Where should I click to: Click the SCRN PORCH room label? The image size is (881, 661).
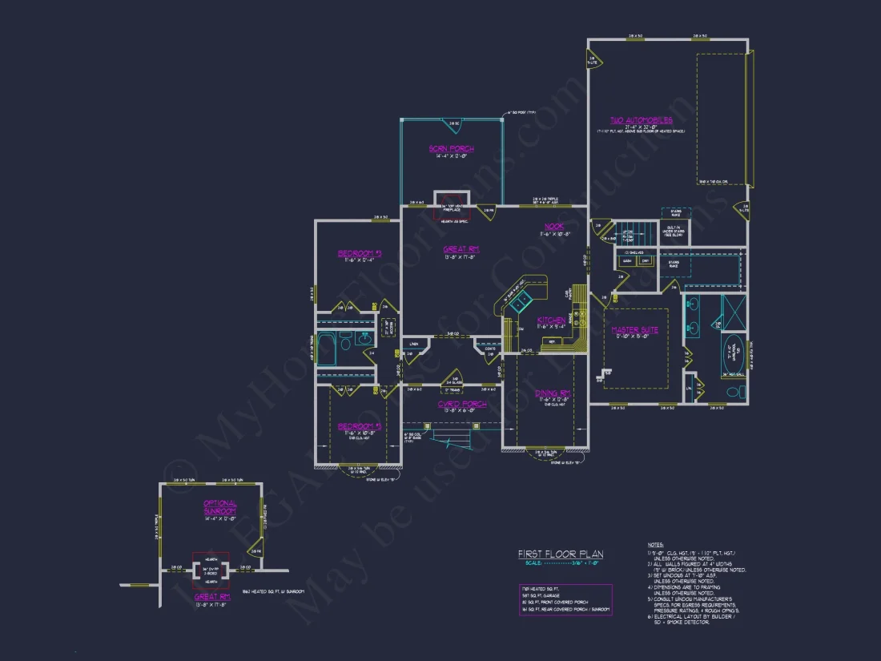tap(451, 149)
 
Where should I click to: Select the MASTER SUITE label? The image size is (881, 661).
tap(634, 330)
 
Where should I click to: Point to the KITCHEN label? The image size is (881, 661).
tap(551, 320)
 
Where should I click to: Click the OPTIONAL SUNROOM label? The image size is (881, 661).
tap(219, 507)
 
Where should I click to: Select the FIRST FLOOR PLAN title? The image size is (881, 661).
tap(561, 554)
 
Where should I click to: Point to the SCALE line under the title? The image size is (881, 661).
tap(561, 562)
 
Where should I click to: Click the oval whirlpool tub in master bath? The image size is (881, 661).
tap(733, 352)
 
